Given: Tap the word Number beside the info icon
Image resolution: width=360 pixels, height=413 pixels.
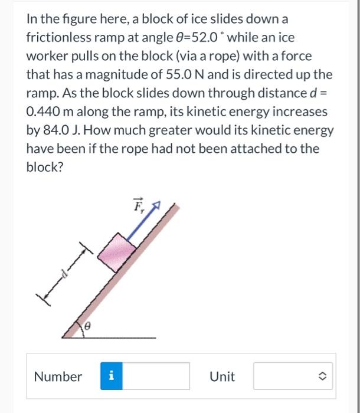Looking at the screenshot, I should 58,376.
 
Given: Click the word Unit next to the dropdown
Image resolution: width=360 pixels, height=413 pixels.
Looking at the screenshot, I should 222,376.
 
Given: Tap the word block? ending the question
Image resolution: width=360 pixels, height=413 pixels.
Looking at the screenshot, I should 44,166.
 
